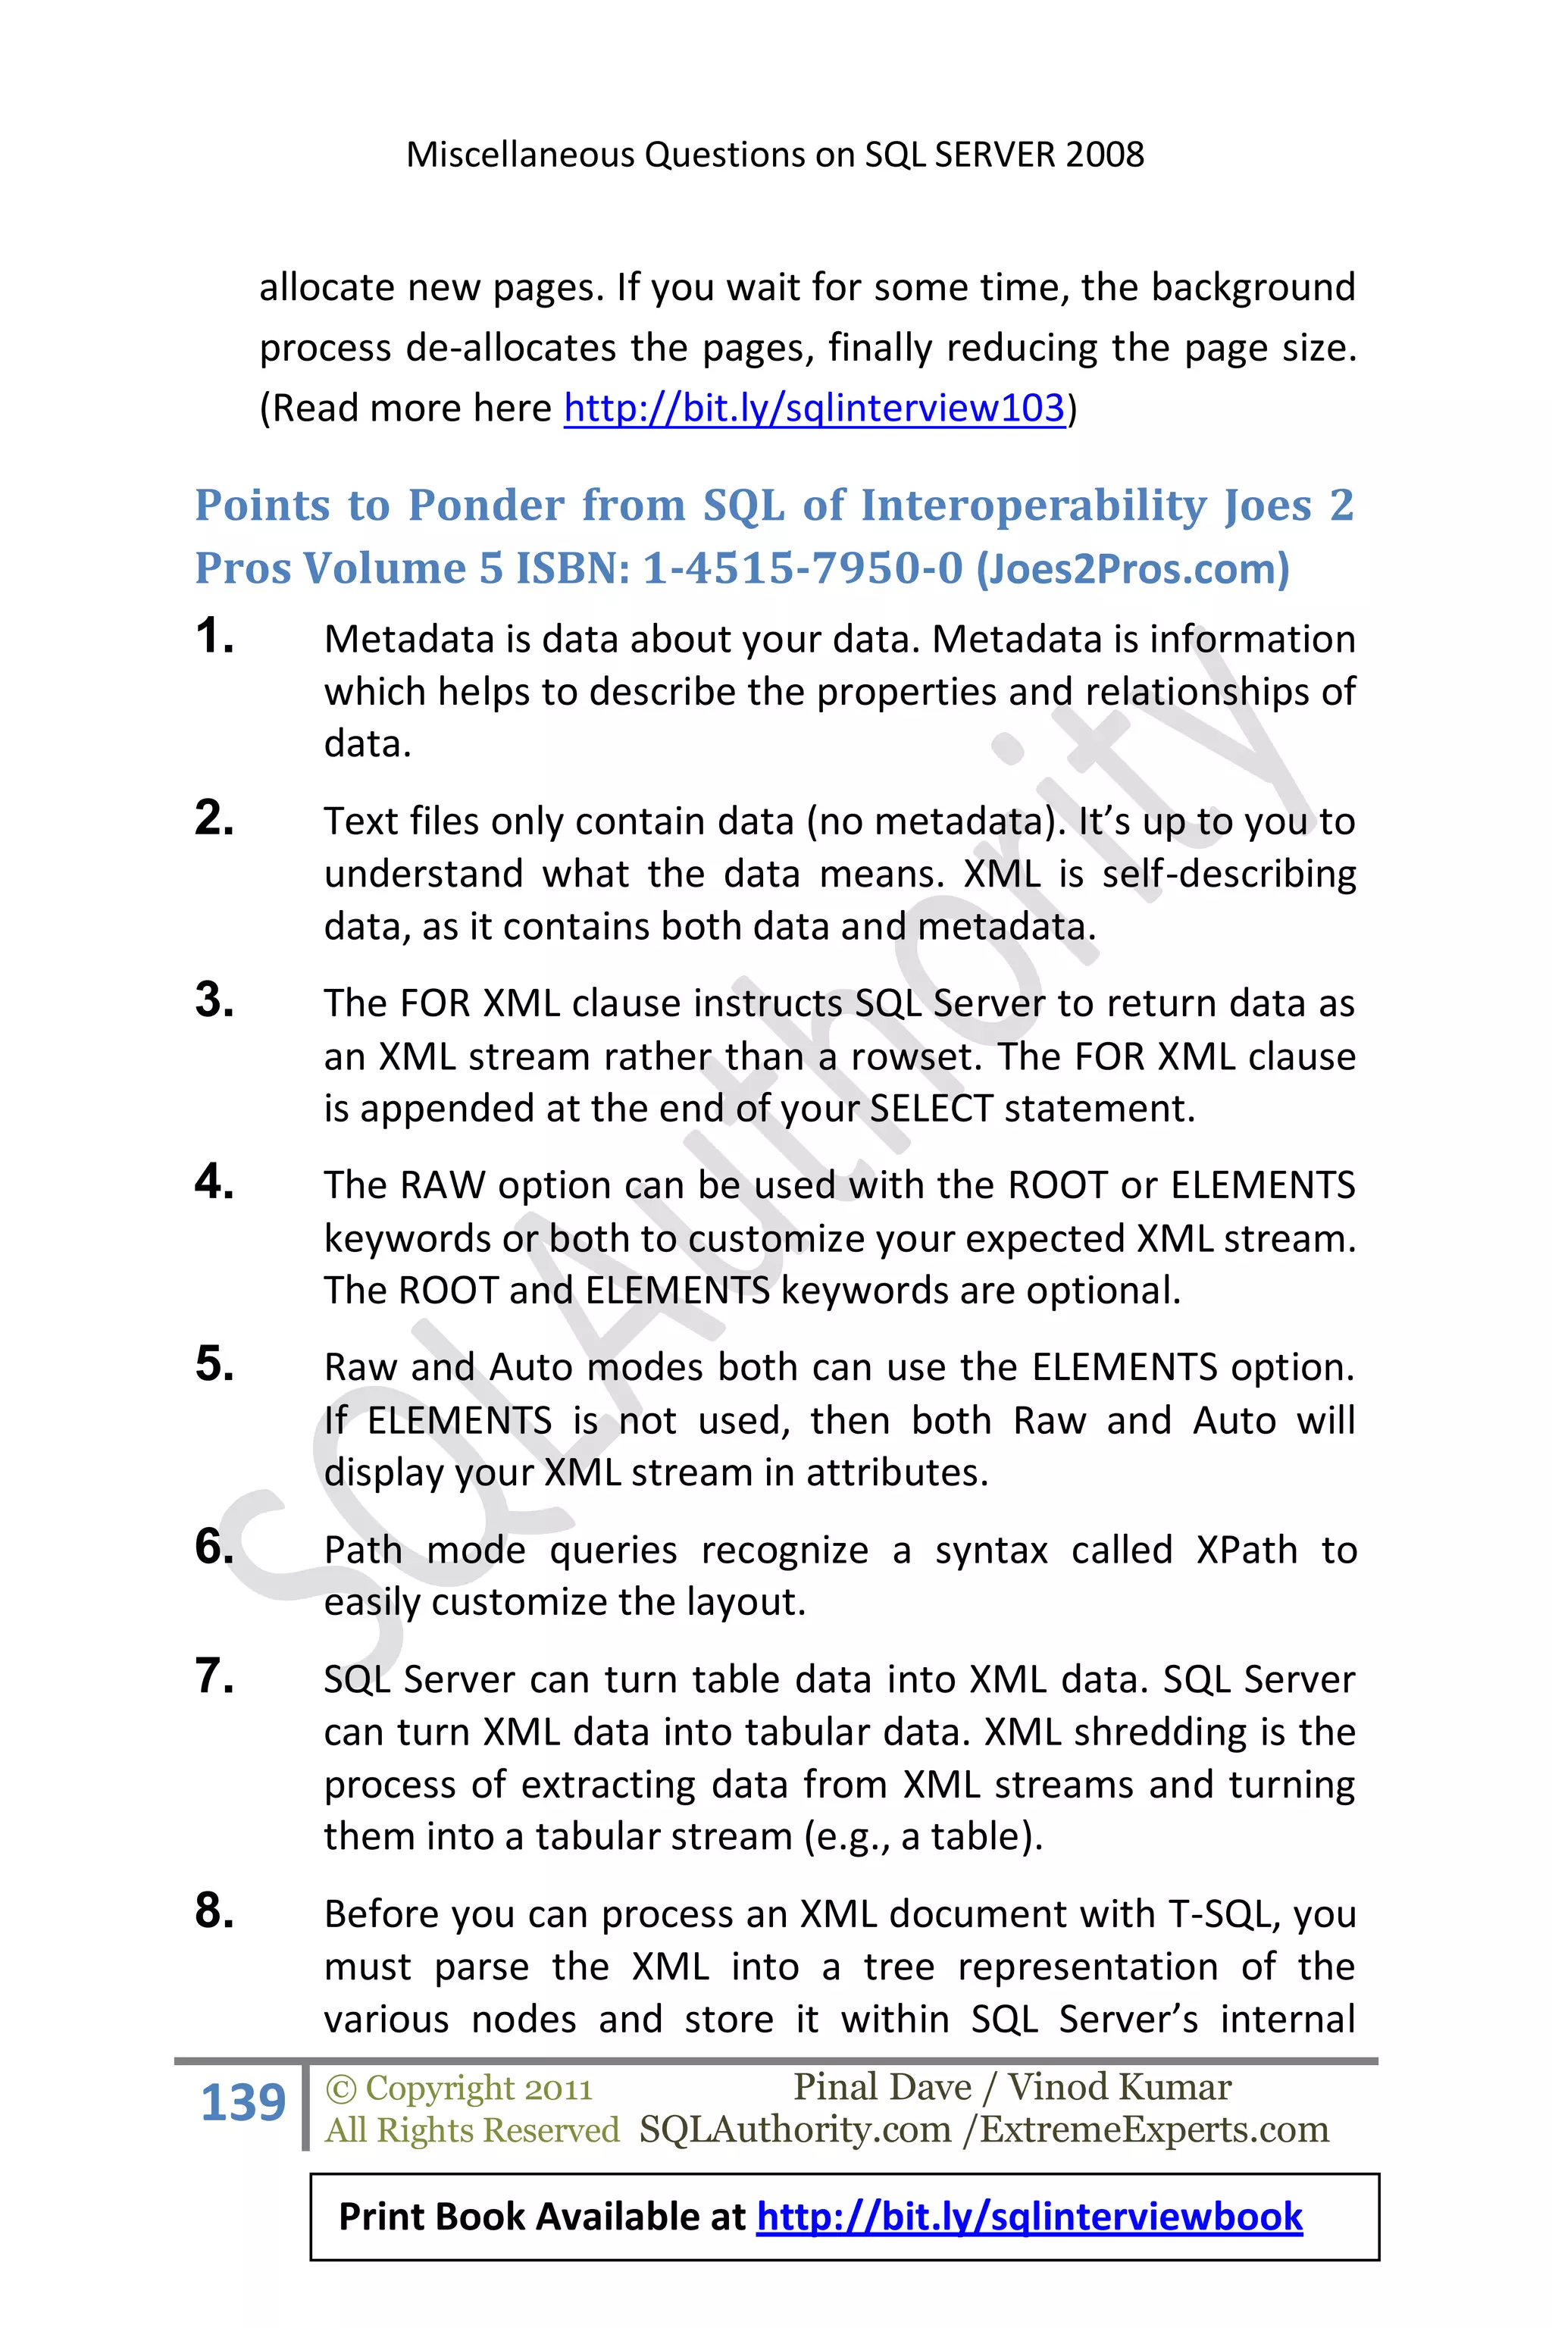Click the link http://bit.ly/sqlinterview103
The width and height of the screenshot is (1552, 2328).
[814, 408]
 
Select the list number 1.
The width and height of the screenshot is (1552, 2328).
[214, 636]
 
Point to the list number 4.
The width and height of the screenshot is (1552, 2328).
[214, 1182]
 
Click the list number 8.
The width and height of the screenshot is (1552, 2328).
[214, 1910]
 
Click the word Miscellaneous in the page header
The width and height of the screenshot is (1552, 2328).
[521, 155]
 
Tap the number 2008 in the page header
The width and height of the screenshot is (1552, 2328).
[1106, 155]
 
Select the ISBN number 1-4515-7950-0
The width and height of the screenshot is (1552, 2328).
[802, 568]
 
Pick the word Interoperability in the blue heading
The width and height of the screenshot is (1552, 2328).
[1034, 505]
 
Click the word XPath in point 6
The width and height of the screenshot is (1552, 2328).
[1246, 1550]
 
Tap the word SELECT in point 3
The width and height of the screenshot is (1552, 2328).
[931, 1108]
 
